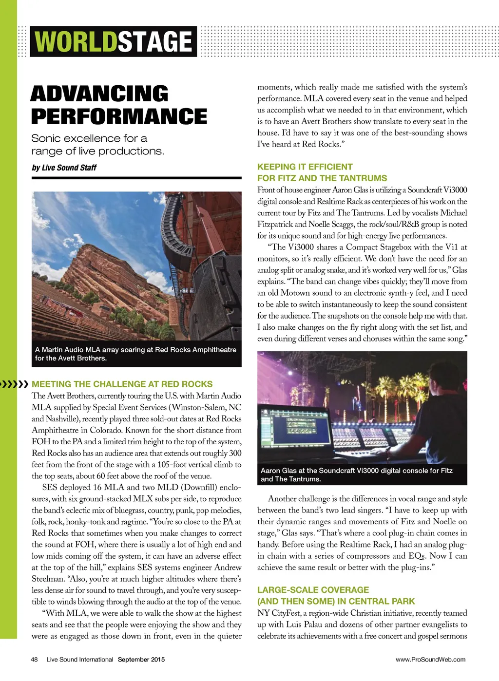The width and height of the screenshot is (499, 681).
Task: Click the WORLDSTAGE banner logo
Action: coord(114,41)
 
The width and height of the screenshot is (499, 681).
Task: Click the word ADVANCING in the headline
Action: coord(99,94)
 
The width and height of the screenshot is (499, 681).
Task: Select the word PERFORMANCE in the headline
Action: coord(119,116)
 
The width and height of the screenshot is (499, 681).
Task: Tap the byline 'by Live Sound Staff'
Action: coord(64,168)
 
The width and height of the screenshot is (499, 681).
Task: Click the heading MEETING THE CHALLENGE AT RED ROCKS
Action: coord(122,384)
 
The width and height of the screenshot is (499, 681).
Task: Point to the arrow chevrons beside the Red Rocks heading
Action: coord(14,384)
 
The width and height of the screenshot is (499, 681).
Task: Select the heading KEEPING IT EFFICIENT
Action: coord(305,167)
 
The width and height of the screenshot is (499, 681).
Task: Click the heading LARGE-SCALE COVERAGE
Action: coord(313,589)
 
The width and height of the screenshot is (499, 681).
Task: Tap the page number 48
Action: coord(34,660)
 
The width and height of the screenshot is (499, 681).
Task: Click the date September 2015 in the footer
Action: coord(141,660)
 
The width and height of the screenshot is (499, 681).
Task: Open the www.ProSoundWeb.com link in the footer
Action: coord(430,660)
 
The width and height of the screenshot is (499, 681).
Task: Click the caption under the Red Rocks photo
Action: coord(135,354)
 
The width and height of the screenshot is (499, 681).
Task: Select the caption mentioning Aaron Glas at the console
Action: coord(357,474)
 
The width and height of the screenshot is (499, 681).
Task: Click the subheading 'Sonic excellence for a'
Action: coord(89,138)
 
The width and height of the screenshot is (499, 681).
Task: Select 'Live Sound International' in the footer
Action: coord(80,660)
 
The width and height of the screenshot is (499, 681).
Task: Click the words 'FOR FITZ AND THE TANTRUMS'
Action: coord(322,178)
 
